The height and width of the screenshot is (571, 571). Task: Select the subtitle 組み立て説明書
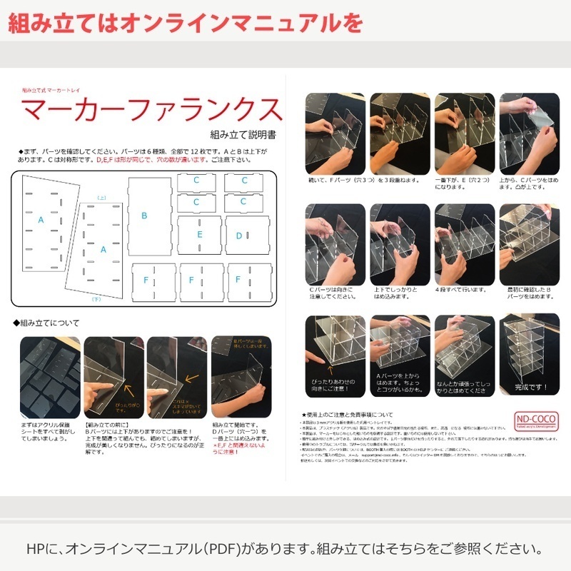point(243,133)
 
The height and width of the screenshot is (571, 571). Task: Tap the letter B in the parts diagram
point(144,215)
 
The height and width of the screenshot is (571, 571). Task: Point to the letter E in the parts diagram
point(200,235)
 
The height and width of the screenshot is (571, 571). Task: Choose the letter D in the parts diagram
point(239,236)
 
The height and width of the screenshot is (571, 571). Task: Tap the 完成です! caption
point(530,388)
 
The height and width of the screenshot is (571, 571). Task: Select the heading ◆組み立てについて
point(46,323)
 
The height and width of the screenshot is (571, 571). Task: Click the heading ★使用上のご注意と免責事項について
point(348,414)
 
